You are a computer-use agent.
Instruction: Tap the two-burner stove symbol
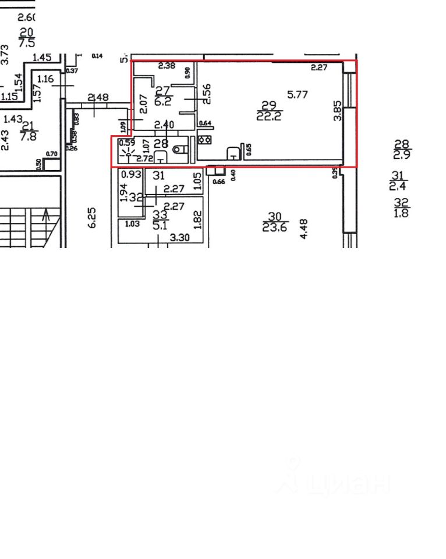click(x=204, y=140)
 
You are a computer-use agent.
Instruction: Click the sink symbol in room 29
click(x=232, y=153)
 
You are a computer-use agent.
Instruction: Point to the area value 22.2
click(x=268, y=116)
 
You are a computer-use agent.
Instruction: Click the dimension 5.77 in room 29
click(x=298, y=94)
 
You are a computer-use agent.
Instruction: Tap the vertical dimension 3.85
click(x=337, y=109)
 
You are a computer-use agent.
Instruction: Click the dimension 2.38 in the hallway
click(x=167, y=66)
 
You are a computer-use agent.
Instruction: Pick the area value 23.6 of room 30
click(x=275, y=228)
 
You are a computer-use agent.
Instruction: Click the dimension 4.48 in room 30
click(x=303, y=228)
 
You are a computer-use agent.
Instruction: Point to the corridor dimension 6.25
click(x=91, y=217)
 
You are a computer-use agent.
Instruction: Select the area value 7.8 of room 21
click(x=29, y=136)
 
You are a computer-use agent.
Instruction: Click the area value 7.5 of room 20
click(x=27, y=43)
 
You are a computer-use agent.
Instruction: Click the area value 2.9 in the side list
click(x=402, y=155)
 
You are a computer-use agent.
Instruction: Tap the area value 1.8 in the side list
click(x=402, y=213)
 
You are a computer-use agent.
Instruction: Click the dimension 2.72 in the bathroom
click(x=144, y=158)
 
